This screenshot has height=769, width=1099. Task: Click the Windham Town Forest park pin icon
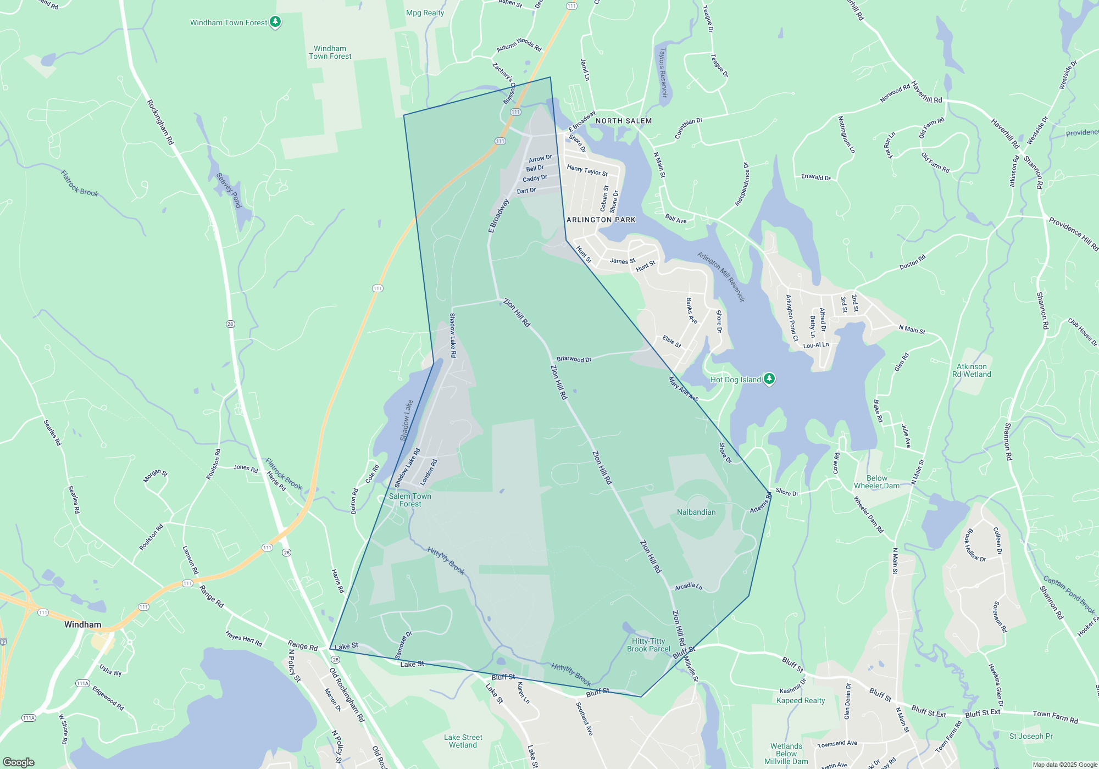275,22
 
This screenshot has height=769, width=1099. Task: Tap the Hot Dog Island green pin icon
769,378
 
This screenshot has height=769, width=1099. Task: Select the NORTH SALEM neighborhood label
624,121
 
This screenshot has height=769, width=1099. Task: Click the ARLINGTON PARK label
601,220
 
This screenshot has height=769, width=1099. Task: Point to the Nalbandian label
696,512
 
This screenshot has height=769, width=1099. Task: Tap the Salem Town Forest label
410,500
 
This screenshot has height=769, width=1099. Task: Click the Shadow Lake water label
407,420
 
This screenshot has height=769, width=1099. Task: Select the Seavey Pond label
229,190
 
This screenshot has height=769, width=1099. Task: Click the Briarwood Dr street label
574,359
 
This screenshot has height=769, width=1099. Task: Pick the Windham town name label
82,625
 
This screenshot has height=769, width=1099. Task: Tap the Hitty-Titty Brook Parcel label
648,645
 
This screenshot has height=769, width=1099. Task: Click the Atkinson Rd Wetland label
972,370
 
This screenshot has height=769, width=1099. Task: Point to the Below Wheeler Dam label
876,482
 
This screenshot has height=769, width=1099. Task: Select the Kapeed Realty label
801,700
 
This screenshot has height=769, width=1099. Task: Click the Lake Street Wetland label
463,741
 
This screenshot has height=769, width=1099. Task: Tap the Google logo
19,762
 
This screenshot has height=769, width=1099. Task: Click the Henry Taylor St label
587,171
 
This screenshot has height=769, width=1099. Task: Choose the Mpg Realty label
425,13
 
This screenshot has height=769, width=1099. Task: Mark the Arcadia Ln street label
689,587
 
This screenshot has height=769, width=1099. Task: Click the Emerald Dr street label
815,177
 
